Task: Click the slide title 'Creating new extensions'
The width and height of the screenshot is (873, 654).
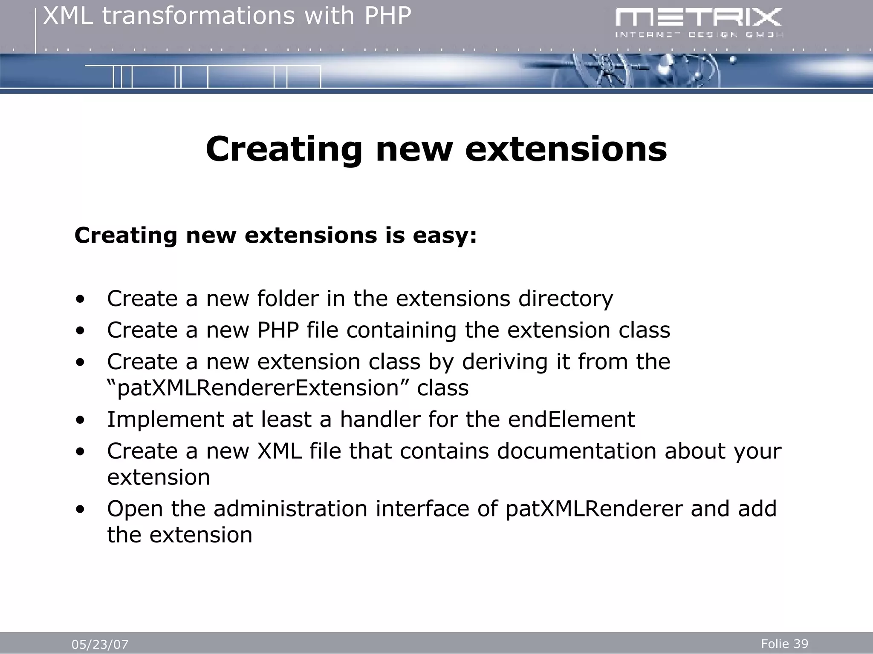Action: point(436,149)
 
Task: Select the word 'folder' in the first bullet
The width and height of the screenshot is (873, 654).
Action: point(288,298)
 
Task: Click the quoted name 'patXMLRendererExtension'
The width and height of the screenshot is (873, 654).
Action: point(257,388)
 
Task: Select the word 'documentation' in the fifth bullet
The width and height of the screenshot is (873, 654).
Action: point(576,451)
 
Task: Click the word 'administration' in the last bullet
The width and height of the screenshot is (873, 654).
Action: point(290,508)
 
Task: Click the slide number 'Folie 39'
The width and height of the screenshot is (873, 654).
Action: point(784,644)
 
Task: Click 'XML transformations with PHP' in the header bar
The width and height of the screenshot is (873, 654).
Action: point(227,16)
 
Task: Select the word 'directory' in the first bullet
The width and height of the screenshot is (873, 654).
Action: point(565,298)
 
